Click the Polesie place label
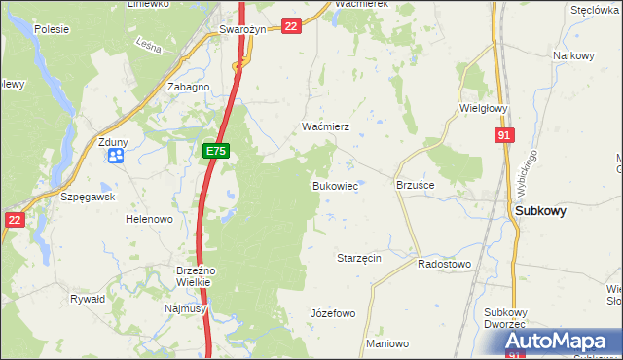51,29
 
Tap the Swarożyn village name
242,29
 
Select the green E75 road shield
216,151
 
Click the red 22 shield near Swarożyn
291,26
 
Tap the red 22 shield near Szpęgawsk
14,220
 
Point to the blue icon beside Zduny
117,155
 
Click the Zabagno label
188,87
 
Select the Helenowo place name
149,219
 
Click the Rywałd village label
88,299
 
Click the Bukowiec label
334,185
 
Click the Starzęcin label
357,258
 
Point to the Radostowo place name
444,264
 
